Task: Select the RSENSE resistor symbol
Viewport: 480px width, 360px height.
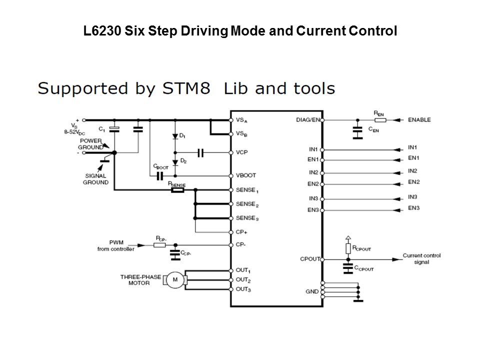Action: pos(177,190)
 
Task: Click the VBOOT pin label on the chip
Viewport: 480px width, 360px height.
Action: pos(245,175)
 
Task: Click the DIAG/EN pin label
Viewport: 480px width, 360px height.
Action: pos(308,120)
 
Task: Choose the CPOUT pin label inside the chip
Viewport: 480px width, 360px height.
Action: pos(310,259)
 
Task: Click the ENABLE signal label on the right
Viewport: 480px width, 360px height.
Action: pos(419,120)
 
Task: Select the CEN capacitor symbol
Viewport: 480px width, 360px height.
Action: pos(357,131)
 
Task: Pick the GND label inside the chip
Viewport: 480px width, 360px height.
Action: pos(312,291)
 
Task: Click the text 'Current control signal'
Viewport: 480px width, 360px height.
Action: pos(421,258)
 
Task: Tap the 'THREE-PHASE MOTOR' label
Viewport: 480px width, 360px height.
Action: pos(135,279)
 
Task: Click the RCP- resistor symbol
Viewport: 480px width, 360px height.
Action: pos(160,245)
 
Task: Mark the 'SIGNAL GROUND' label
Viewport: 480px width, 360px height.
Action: pos(95,179)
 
